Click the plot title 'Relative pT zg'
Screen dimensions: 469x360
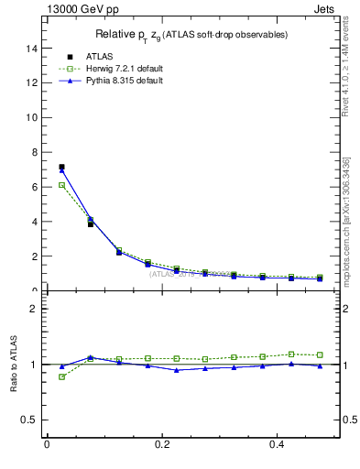coord(191,35)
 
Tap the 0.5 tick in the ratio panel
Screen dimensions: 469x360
coord(29,420)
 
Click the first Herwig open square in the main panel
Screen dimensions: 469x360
coord(61,185)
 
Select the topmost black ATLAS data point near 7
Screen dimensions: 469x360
coord(61,167)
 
